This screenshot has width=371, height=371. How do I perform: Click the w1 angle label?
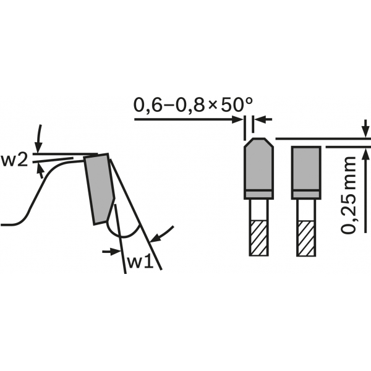(x=141, y=262)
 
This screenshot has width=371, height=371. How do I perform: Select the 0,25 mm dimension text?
(x=349, y=195)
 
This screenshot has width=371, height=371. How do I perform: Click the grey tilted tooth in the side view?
(x=99, y=189)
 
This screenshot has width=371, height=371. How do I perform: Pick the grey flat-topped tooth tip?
(x=306, y=173)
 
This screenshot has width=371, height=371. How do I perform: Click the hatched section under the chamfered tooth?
(x=259, y=238)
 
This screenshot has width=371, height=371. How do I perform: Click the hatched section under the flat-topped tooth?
(x=306, y=238)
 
